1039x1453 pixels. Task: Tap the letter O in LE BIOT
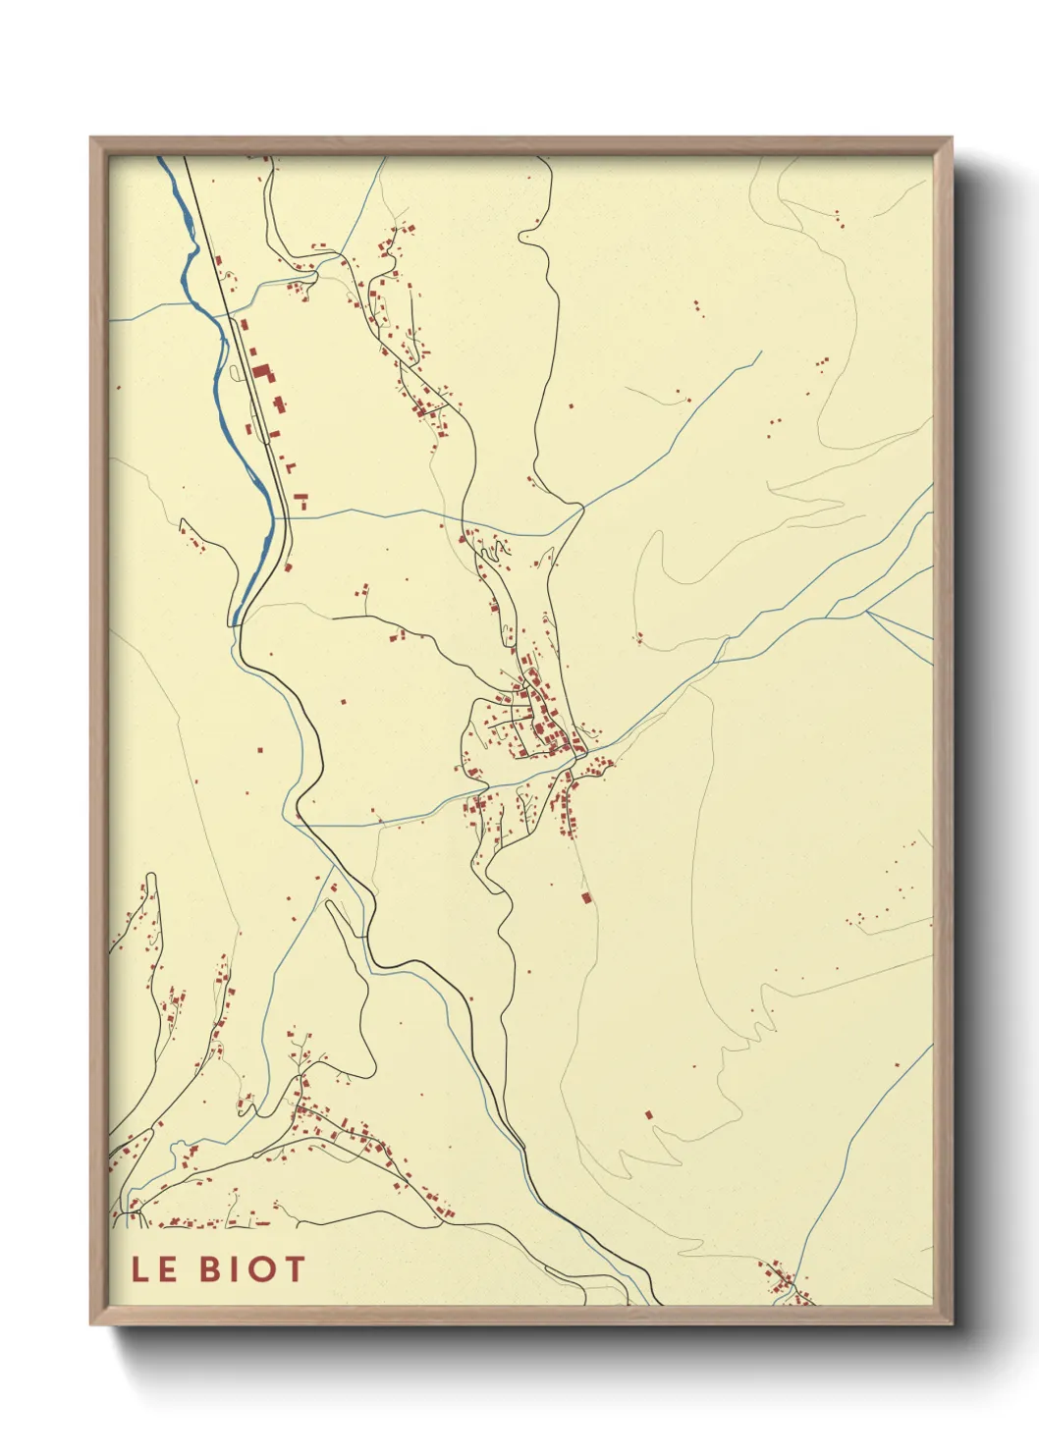pos(260,1268)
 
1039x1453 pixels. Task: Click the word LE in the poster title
pos(154,1268)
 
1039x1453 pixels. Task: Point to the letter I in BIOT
pos(237,1268)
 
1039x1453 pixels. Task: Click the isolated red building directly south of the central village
pos(586,896)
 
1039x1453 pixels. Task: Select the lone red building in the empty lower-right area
pos(648,1114)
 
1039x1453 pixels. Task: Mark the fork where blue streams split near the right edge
pos(866,611)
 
